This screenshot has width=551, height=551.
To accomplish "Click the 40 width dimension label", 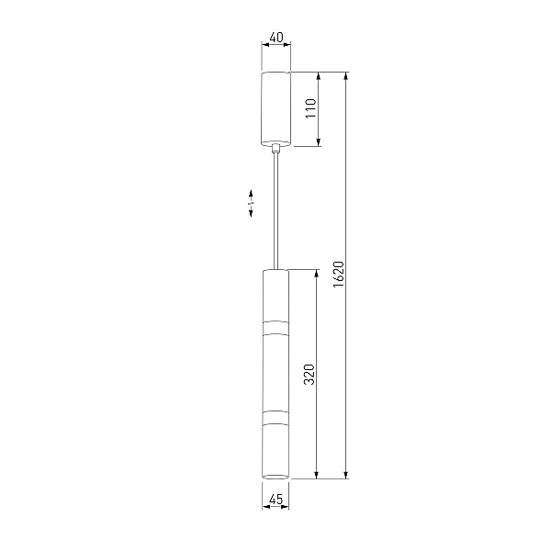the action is click(x=276, y=38).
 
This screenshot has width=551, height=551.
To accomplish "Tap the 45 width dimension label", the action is click(x=275, y=499).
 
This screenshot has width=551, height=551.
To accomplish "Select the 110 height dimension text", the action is click(x=311, y=108).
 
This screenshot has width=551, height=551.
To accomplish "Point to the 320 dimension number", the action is click(x=309, y=375).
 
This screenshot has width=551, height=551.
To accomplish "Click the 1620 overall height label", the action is click(x=339, y=275).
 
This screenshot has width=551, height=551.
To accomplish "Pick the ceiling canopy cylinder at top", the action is click(x=275, y=108).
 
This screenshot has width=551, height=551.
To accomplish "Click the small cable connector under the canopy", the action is click(x=276, y=148).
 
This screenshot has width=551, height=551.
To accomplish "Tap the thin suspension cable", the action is click(x=276, y=211).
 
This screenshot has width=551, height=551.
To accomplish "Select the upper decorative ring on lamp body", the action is click(x=275, y=328).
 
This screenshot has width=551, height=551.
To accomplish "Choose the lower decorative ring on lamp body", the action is click(x=275, y=418).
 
